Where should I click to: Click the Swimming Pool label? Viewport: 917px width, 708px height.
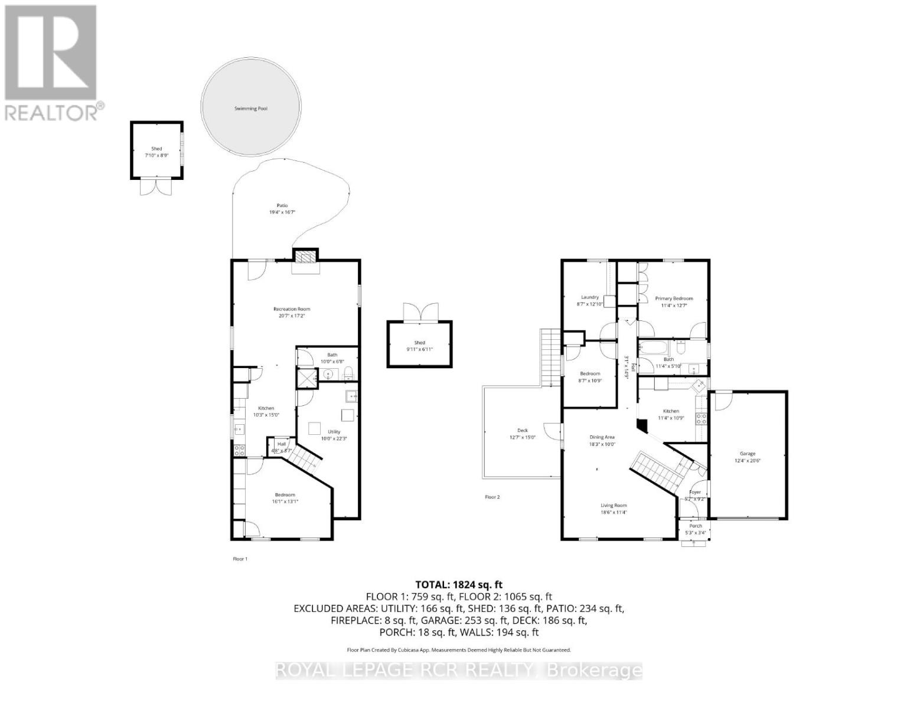251,109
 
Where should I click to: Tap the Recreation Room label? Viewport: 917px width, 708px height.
291,309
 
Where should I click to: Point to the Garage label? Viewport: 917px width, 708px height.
747,454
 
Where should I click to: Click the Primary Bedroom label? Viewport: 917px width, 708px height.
674,299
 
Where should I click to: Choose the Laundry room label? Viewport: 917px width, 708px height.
589,297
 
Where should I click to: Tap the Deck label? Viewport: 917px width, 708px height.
522,430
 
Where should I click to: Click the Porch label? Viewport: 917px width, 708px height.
696,526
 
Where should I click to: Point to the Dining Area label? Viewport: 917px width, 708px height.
602,437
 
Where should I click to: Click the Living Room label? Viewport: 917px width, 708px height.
613,506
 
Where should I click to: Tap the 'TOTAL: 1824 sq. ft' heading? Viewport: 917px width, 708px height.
458,585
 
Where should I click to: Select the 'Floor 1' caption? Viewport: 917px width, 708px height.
240,559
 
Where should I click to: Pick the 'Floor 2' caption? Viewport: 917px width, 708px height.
492,497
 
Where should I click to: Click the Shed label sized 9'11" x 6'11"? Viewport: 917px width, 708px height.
419,343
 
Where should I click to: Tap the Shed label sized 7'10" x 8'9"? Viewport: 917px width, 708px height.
156,149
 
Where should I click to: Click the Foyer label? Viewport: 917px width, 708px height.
695,492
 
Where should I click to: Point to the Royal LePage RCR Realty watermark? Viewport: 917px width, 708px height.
458,670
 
